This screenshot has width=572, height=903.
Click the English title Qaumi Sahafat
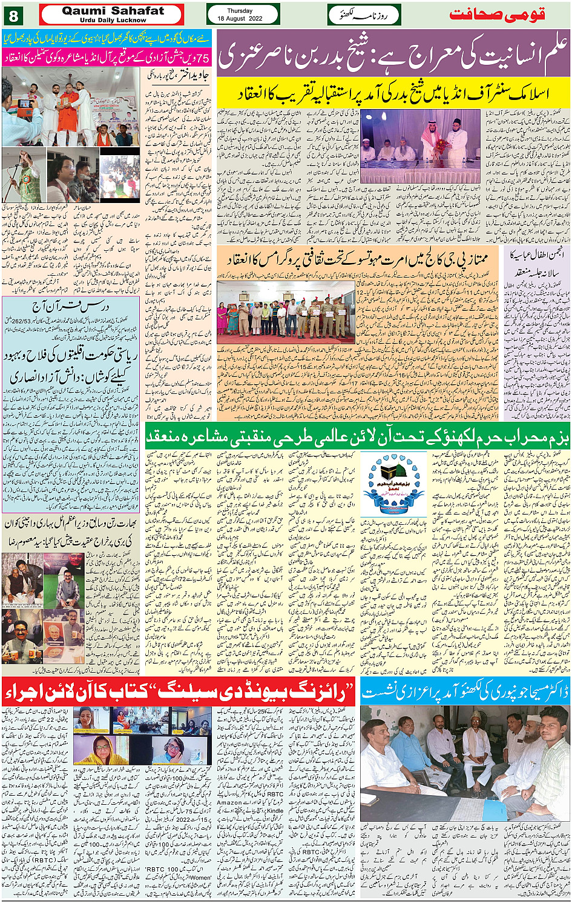tap(113, 11)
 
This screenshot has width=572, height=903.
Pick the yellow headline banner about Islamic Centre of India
tap(393, 95)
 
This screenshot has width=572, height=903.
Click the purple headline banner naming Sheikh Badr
tap(393, 53)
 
